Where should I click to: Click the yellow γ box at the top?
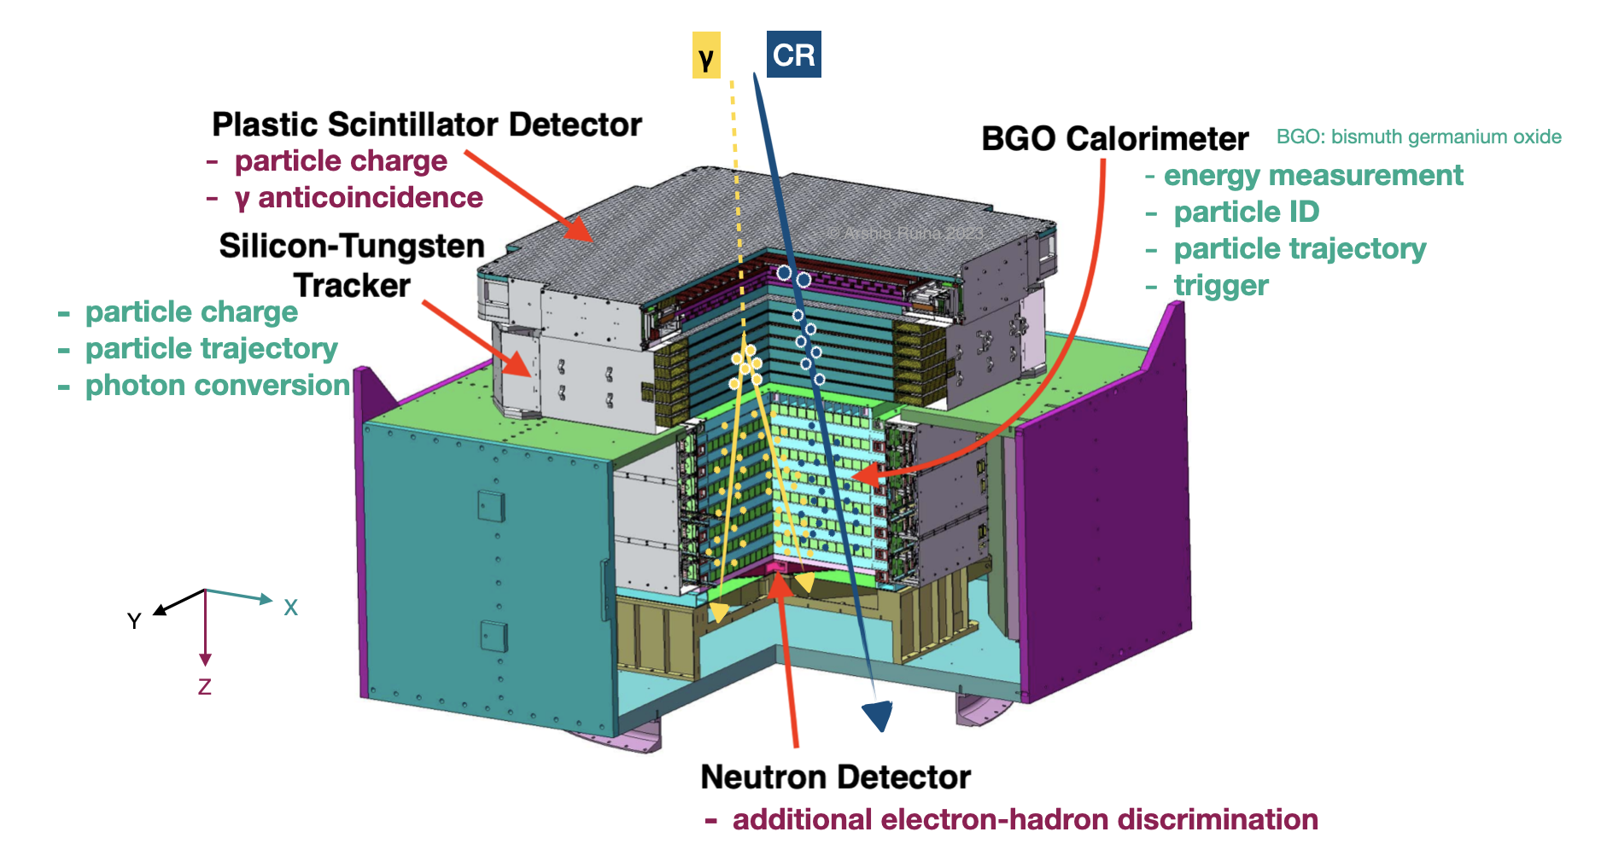[x=706, y=55]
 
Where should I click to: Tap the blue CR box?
[x=793, y=55]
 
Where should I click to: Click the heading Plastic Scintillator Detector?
[x=426, y=125]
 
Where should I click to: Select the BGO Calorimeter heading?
[x=1114, y=138]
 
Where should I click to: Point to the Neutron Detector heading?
[x=835, y=777]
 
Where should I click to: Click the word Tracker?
[x=352, y=285]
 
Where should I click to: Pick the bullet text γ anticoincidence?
[x=359, y=197]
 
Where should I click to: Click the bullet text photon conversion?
[x=218, y=385]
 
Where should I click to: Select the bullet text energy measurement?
[x=1313, y=175]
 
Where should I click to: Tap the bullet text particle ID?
[x=1246, y=212]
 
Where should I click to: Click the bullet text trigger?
[x=1221, y=285]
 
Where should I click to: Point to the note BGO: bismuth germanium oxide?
[x=1418, y=137]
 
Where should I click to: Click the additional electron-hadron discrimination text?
[x=1025, y=819]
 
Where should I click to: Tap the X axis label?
[x=291, y=608]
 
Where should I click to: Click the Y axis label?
[x=134, y=620]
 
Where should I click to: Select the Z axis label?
[x=205, y=687]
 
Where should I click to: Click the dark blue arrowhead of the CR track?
[x=879, y=715]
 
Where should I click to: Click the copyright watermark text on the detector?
[x=905, y=233]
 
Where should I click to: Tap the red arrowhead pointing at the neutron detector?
[x=779, y=585]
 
